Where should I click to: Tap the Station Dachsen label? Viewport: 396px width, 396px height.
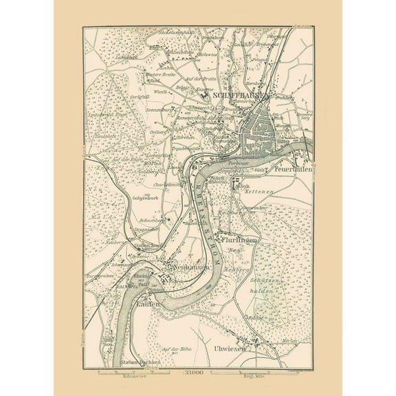pos(140,362)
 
